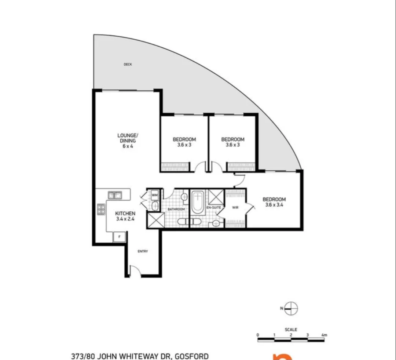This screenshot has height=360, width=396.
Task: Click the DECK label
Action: (x=128, y=65)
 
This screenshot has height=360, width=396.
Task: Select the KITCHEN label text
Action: (x=125, y=213)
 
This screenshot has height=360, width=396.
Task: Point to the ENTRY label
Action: (x=143, y=251)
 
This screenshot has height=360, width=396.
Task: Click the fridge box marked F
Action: (x=119, y=237)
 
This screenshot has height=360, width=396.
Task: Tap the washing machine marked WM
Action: (x=154, y=195)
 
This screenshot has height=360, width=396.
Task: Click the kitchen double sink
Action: (x=114, y=195)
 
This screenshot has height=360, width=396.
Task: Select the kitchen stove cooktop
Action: (x=101, y=209)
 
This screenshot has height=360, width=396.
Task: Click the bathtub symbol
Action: (x=197, y=203)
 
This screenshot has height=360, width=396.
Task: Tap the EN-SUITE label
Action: (x=213, y=208)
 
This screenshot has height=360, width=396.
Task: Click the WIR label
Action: (x=235, y=208)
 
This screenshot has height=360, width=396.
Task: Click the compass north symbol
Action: (x=291, y=308)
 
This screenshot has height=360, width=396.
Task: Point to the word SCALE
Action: (x=291, y=330)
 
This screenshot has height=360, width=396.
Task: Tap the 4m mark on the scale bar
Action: (x=323, y=335)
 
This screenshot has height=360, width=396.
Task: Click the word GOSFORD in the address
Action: (x=192, y=356)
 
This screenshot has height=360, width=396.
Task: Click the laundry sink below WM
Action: (x=154, y=206)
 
